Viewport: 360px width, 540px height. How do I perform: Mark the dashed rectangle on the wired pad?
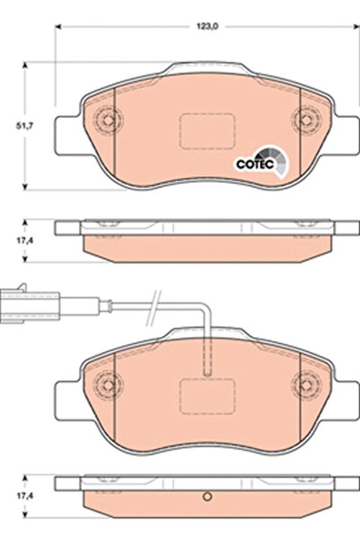[206, 395]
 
